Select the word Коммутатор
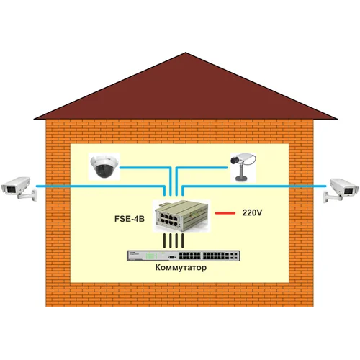point(180,267)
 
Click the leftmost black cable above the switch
point(165,240)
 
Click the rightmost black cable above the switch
point(184,240)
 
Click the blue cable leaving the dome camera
point(144,167)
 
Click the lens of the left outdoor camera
point(6,189)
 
